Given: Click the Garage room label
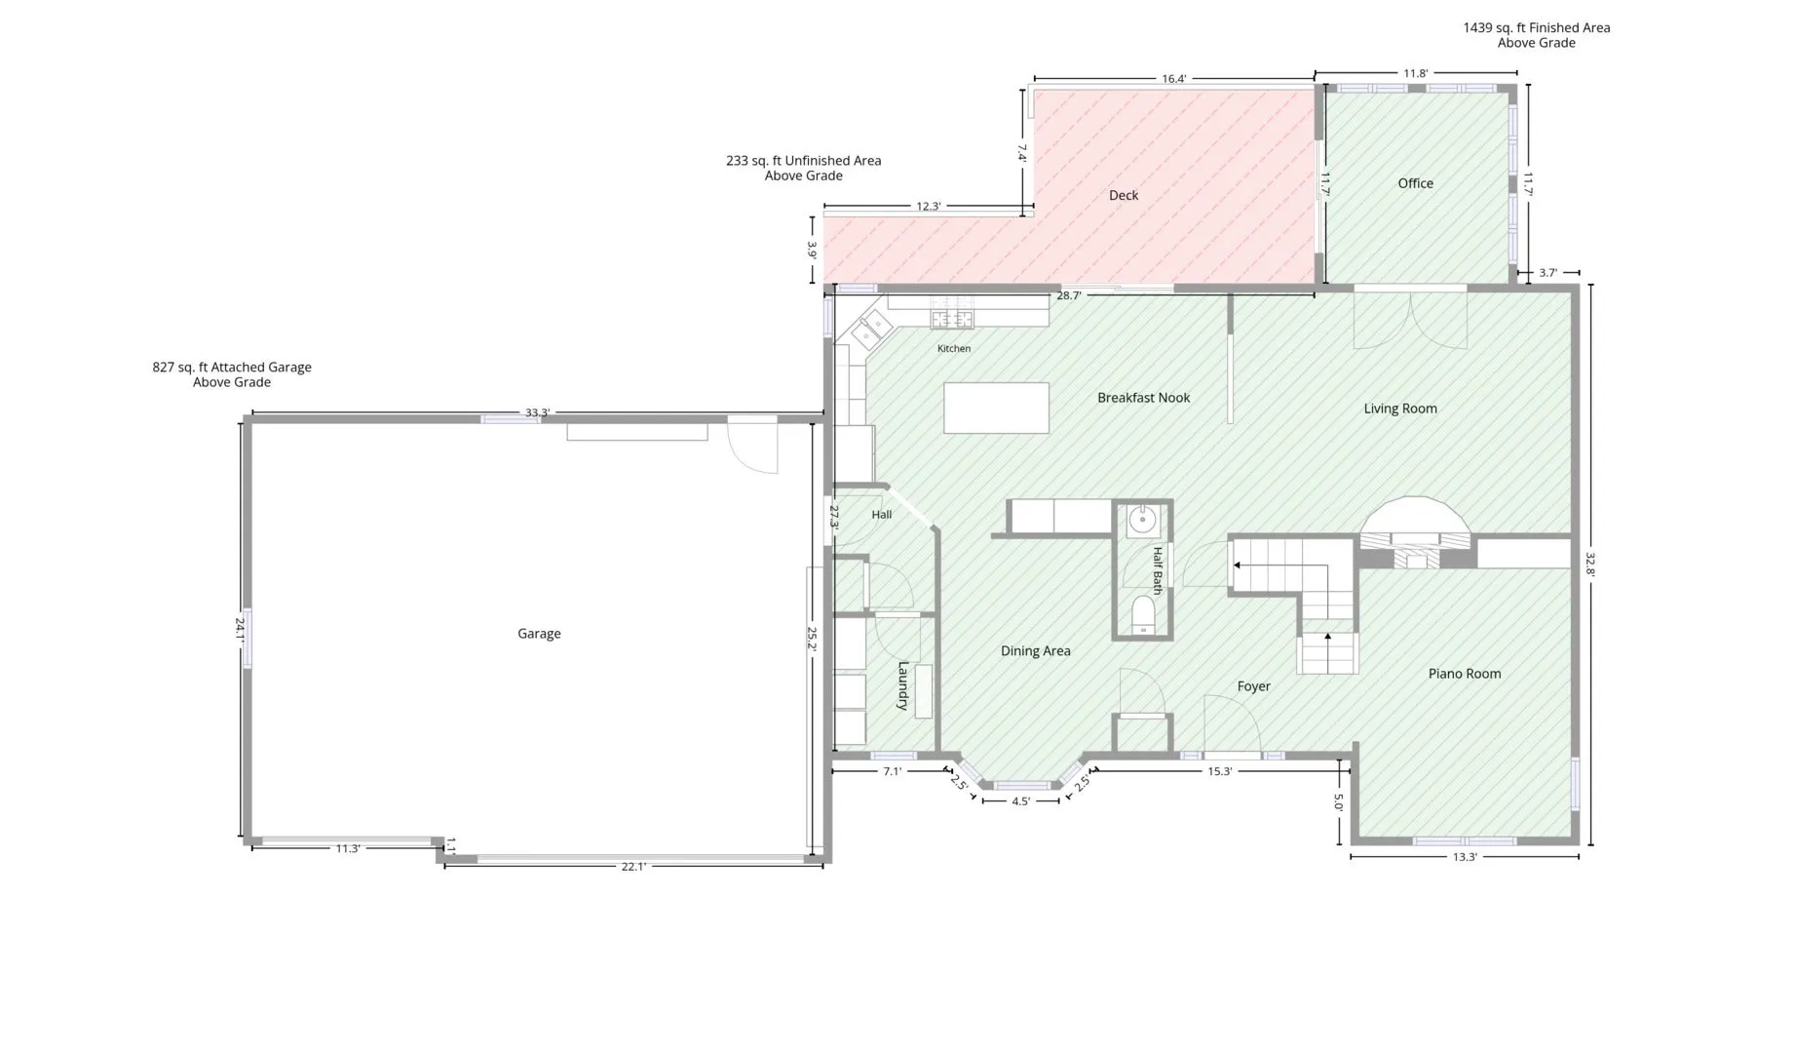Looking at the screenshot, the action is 539,634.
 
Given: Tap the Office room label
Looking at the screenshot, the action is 1415,183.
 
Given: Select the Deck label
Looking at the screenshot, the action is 1124,195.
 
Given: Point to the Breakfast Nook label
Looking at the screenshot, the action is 1143,398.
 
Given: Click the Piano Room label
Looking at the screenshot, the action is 1464,674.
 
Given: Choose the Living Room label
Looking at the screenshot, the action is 1399,409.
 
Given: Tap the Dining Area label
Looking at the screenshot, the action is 1035,651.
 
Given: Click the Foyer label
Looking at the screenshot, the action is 1253,686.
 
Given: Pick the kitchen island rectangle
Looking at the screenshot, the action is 996,408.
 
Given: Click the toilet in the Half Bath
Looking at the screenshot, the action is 1143,616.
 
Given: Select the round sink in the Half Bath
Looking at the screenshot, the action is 1142,521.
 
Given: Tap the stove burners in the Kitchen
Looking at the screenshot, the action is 951,318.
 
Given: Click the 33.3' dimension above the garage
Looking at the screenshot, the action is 537,412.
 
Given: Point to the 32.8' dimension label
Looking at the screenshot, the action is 1590,565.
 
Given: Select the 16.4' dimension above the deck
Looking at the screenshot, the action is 1174,79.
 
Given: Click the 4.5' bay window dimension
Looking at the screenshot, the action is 1020,801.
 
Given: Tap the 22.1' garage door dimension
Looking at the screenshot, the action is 633,867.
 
